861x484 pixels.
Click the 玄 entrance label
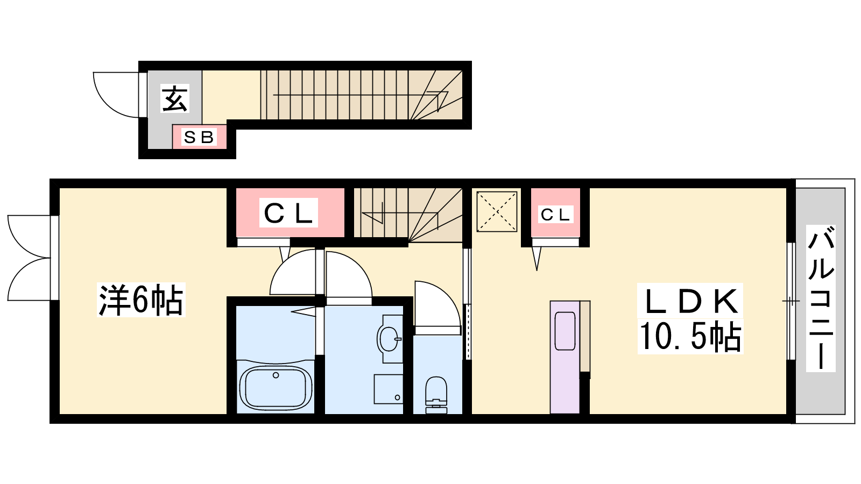(175, 99)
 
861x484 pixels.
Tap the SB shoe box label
(199, 137)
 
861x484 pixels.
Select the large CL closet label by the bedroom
(288, 213)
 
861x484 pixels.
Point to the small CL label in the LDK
(555, 215)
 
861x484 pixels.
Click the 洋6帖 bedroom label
(141, 300)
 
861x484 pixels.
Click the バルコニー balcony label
(821, 298)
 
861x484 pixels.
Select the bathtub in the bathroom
(276, 388)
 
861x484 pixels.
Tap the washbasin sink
(389, 339)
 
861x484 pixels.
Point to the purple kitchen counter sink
(565, 331)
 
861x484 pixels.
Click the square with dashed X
(497, 212)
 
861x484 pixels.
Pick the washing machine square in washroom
(388, 389)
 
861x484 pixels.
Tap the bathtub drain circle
(276, 375)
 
